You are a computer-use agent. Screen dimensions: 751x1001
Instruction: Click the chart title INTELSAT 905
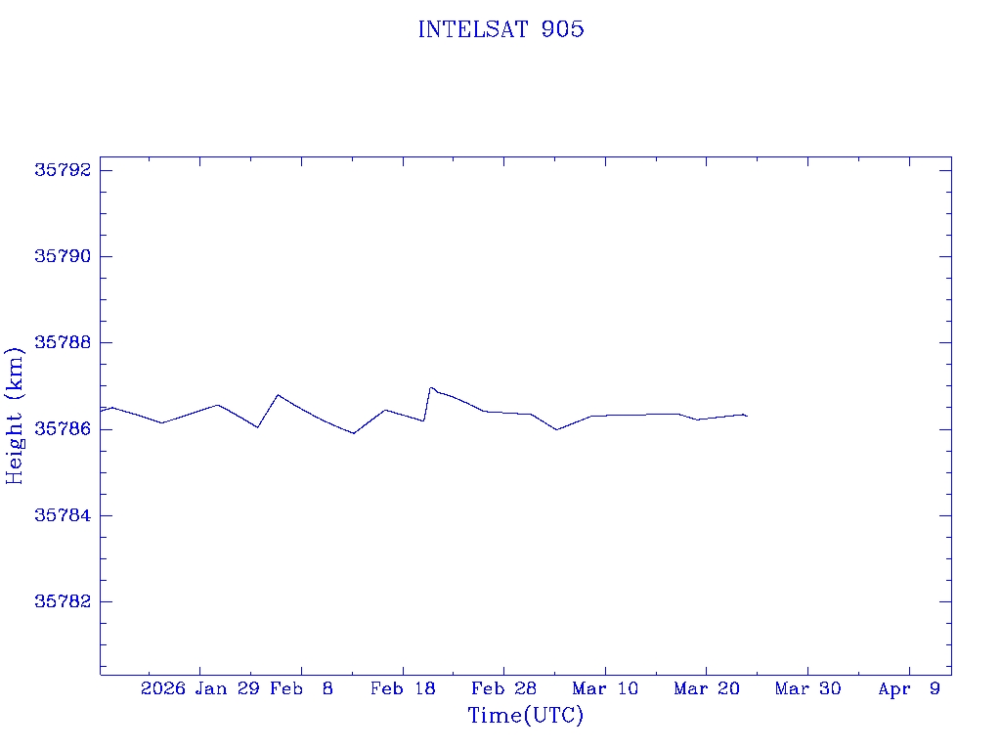point(500,29)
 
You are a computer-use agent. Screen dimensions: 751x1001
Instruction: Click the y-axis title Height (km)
point(15,416)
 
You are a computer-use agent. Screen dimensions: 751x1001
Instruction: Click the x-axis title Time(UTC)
point(526,716)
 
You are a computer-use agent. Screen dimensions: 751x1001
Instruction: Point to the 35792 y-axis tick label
point(63,170)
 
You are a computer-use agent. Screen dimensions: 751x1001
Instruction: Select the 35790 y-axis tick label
point(63,256)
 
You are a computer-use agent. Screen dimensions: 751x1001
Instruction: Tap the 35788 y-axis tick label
point(63,342)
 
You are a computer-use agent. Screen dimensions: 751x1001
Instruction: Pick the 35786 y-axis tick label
point(63,428)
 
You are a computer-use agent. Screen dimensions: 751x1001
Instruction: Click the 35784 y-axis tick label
point(63,515)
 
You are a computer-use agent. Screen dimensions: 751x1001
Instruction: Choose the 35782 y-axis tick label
point(63,601)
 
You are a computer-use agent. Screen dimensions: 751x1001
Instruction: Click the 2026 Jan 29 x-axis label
point(199,688)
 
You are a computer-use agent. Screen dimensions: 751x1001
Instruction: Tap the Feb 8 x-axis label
point(301,688)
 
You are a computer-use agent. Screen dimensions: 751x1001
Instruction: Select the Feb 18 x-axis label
point(403,688)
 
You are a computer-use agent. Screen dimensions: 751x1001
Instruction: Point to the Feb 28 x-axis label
point(503,688)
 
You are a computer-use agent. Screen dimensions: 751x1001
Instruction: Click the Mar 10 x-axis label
point(605,688)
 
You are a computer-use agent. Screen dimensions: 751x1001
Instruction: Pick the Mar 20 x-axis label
point(706,688)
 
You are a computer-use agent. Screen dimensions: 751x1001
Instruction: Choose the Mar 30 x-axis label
point(807,688)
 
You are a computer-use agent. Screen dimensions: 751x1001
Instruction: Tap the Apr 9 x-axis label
point(909,688)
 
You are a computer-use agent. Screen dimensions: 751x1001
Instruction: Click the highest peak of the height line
point(430,387)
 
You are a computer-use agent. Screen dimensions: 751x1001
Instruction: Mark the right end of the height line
point(748,417)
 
